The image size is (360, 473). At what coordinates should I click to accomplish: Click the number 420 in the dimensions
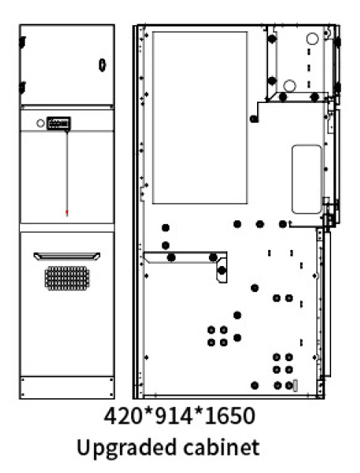(x=124, y=416)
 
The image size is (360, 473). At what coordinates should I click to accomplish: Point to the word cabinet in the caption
(x=221, y=447)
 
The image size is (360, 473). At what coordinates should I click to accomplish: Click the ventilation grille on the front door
(x=67, y=278)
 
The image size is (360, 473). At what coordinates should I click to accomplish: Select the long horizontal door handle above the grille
(x=67, y=256)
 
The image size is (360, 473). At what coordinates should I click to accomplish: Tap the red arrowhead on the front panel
(x=67, y=213)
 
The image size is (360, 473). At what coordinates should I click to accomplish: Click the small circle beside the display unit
(x=41, y=123)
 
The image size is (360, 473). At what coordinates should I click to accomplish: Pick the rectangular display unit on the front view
(x=59, y=123)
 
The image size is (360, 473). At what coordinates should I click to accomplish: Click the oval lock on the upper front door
(x=102, y=64)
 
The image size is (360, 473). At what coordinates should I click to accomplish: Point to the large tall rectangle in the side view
(x=200, y=118)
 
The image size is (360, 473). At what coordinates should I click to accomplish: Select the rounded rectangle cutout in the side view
(x=307, y=179)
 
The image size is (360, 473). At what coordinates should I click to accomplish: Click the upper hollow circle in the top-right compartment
(x=313, y=39)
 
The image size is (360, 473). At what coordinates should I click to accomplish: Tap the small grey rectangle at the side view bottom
(x=295, y=386)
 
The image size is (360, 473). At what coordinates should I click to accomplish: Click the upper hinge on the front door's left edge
(x=22, y=42)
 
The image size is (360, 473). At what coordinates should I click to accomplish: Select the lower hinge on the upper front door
(x=22, y=87)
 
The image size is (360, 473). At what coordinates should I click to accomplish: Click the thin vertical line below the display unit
(x=67, y=171)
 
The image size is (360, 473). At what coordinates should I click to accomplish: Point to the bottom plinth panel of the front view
(x=67, y=387)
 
